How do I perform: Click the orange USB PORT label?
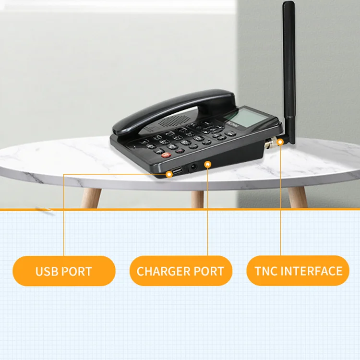[x=64, y=271]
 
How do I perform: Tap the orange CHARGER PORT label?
[x=180, y=271]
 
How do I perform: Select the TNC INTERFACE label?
[x=298, y=271]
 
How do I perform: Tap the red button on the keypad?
[x=166, y=155]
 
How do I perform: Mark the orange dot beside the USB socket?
[x=169, y=174]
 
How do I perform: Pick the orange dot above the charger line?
[x=207, y=164]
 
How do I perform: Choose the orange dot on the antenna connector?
[x=280, y=142]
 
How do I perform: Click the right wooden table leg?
[x=297, y=197]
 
